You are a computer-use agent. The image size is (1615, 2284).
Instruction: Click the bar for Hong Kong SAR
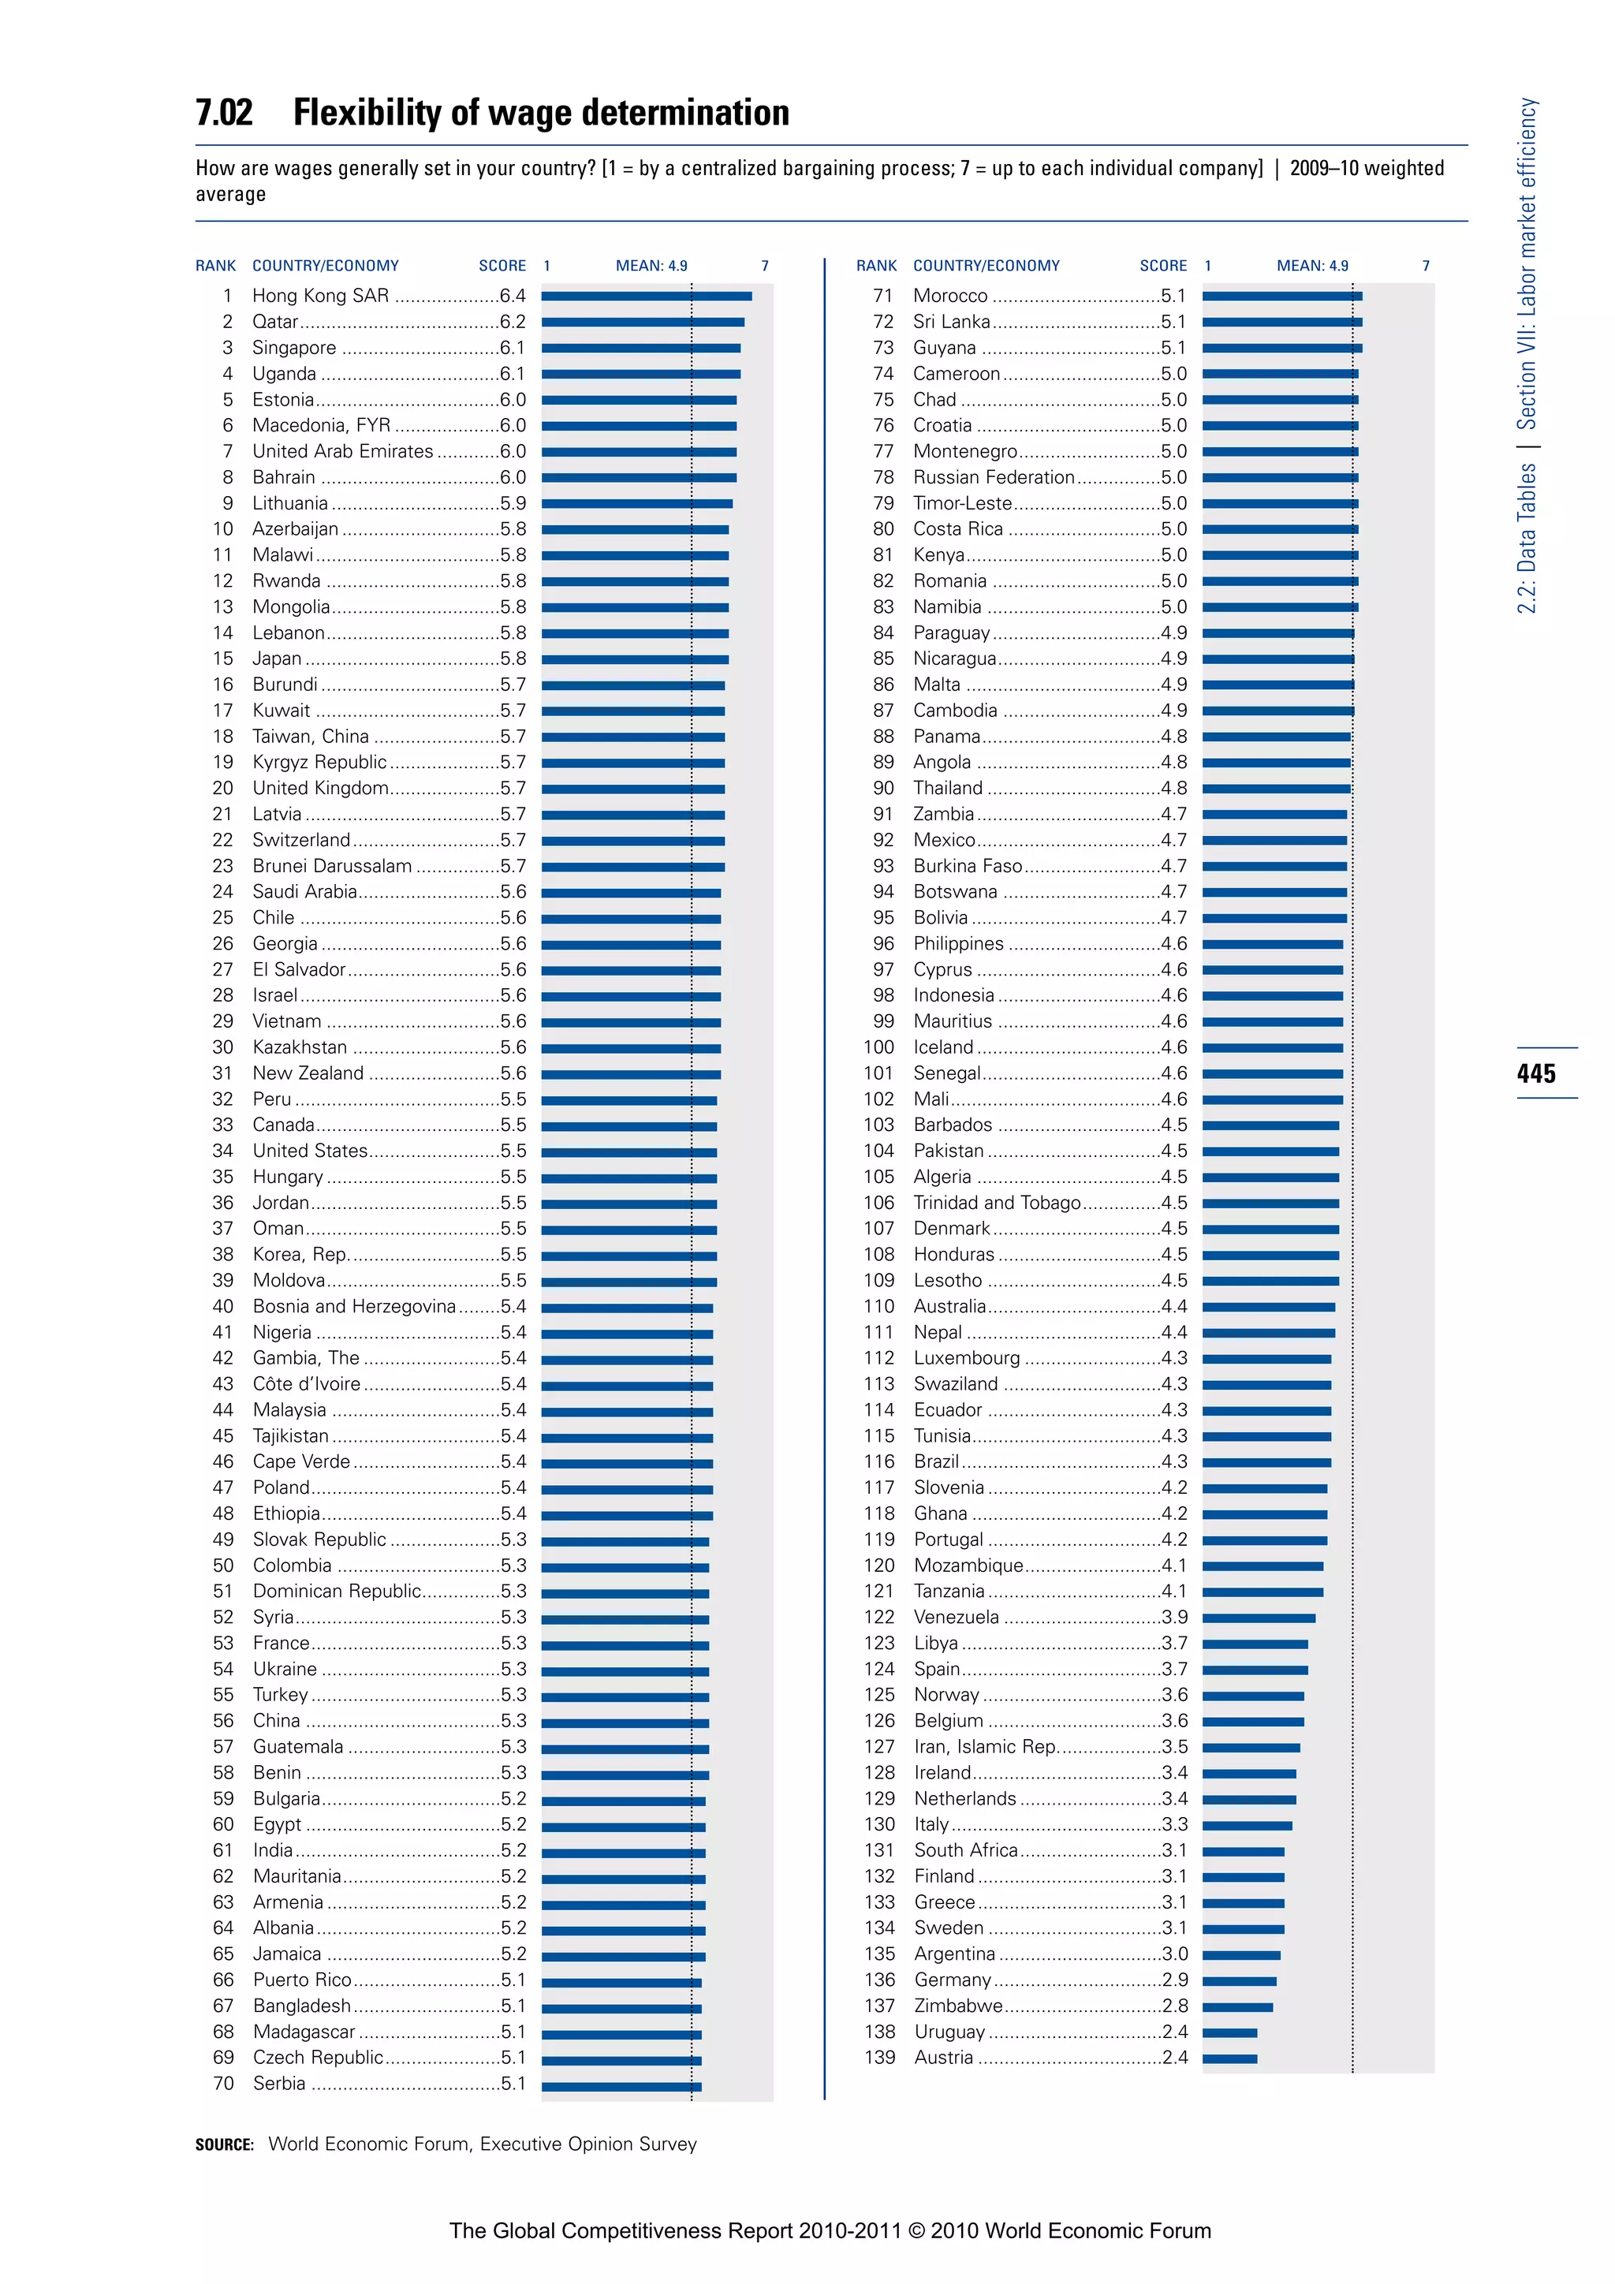click(647, 297)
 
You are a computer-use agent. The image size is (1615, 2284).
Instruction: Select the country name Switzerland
click(300, 841)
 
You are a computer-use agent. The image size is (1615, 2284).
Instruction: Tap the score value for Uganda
click(512, 374)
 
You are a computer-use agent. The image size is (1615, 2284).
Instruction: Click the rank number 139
click(879, 2057)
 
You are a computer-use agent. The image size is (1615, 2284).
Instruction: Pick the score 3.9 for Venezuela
click(1174, 1618)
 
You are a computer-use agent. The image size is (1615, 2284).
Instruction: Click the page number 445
click(1536, 1073)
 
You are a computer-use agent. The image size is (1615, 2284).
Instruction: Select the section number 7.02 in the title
click(225, 113)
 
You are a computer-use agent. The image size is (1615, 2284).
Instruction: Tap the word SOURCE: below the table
click(225, 2144)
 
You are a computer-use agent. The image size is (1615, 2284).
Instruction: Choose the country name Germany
click(952, 1980)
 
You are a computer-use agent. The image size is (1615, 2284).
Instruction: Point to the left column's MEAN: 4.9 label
click(651, 266)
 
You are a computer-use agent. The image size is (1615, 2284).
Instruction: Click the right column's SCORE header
click(1162, 266)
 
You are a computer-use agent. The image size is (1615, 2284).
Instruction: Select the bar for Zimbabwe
click(1237, 2006)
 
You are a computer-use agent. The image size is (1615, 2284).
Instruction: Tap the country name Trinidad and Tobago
click(997, 1203)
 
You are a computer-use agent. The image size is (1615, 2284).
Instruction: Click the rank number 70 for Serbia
click(224, 2083)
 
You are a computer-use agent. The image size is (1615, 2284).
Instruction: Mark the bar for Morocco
click(1282, 297)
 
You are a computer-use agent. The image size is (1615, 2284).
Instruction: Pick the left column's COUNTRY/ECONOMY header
click(325, 266)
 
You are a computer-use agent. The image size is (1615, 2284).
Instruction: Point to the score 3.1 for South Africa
click(1174, 1850)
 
